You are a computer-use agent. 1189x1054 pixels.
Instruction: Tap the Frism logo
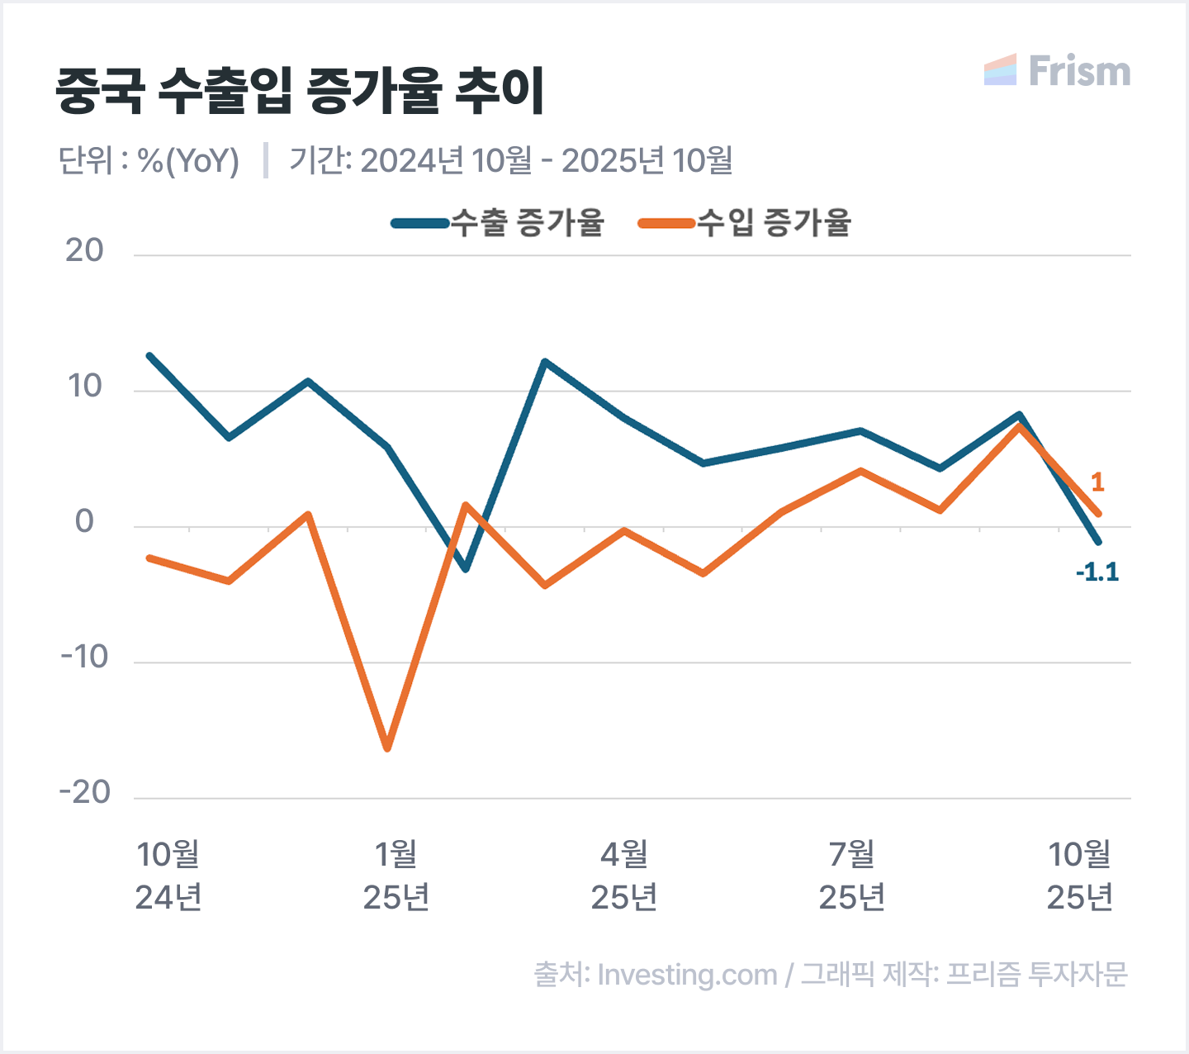pyautogui.click(x=1058, y=71)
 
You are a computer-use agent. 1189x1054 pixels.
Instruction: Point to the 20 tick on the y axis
pyautogui.click(x=84, y=250)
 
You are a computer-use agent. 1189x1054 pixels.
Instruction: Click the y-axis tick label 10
pyautogui.click(x=84, y=386)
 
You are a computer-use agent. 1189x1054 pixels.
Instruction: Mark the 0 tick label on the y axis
pyautogui.click(x=84, y=522)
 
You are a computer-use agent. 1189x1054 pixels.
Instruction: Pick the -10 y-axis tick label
pyautogui.click(x=84, y=658)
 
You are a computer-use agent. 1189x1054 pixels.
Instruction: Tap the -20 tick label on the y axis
pyautogui.click(x=84, y=793)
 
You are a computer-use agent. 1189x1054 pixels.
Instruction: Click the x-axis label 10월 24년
pyautogui.click(x=168, y=876)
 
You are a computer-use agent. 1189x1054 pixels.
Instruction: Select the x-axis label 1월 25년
pyautogui.click(x=396, y=876)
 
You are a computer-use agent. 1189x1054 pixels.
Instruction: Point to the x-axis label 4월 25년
pyautogui.click(x=624, y=876)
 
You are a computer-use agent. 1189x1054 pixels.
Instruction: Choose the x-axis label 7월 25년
pyautogui.click(x=852, y=876)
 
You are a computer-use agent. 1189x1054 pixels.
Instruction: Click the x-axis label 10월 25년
pyautogui.click(x=1080, y=876)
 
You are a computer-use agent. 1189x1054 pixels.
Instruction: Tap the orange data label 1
pyautogui.click(x=1097, y=482)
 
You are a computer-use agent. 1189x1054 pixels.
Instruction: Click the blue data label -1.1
pyautogui.click(x=1097, y=572)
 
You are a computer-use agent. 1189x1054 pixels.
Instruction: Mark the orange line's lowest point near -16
pyautogui.click(x=387, y=748)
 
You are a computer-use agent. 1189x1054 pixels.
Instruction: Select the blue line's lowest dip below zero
pyautogui.click(x=466, y=569)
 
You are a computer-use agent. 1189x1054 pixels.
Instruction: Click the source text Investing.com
pyautogui.click(x=687, y=975)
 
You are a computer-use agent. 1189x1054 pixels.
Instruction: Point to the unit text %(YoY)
pyautogui.click(x=188, y=160)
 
